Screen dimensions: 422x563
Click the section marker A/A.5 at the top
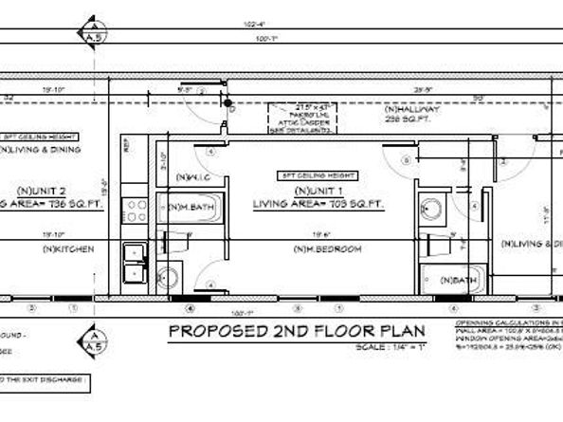93,28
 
